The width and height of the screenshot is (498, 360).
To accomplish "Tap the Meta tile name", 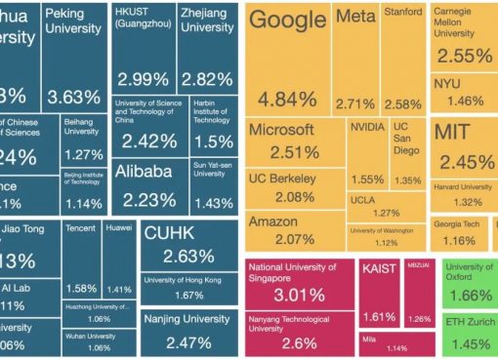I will click(x=354, y=19).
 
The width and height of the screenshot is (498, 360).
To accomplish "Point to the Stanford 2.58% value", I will click(x=401, y=102).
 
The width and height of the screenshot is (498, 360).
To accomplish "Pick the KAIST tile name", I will click(x=380, y=267).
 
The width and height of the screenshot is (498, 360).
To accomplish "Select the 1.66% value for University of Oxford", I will click(x=471, y=295).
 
